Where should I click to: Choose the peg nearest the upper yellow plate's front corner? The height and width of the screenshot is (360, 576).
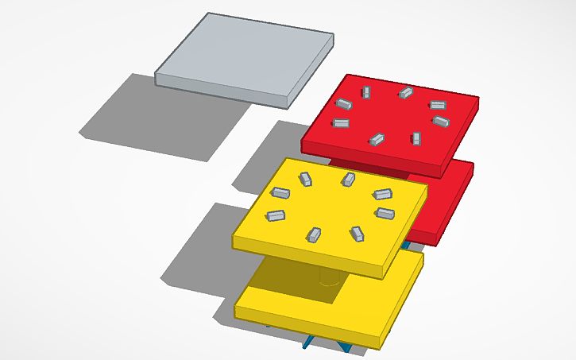pyautogui.click(x=358, y=233)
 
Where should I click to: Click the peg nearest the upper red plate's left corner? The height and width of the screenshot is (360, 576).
pyautogui.click(x=341, y=123)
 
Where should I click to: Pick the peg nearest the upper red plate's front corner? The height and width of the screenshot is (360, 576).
pyautogui.click(x=416, y=138)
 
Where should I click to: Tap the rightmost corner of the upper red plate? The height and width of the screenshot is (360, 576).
pyautogui.click(x=478, y=99)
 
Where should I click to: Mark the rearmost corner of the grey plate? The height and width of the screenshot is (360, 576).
pyautogui.click(x=209, y=13)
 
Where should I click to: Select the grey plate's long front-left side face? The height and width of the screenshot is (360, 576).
pyautogui.click(x=222, y=89)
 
